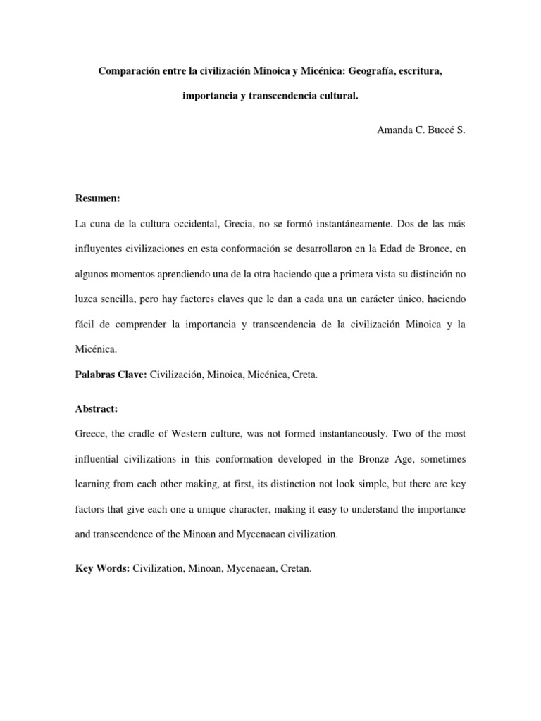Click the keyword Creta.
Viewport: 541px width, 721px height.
point(305,375)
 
